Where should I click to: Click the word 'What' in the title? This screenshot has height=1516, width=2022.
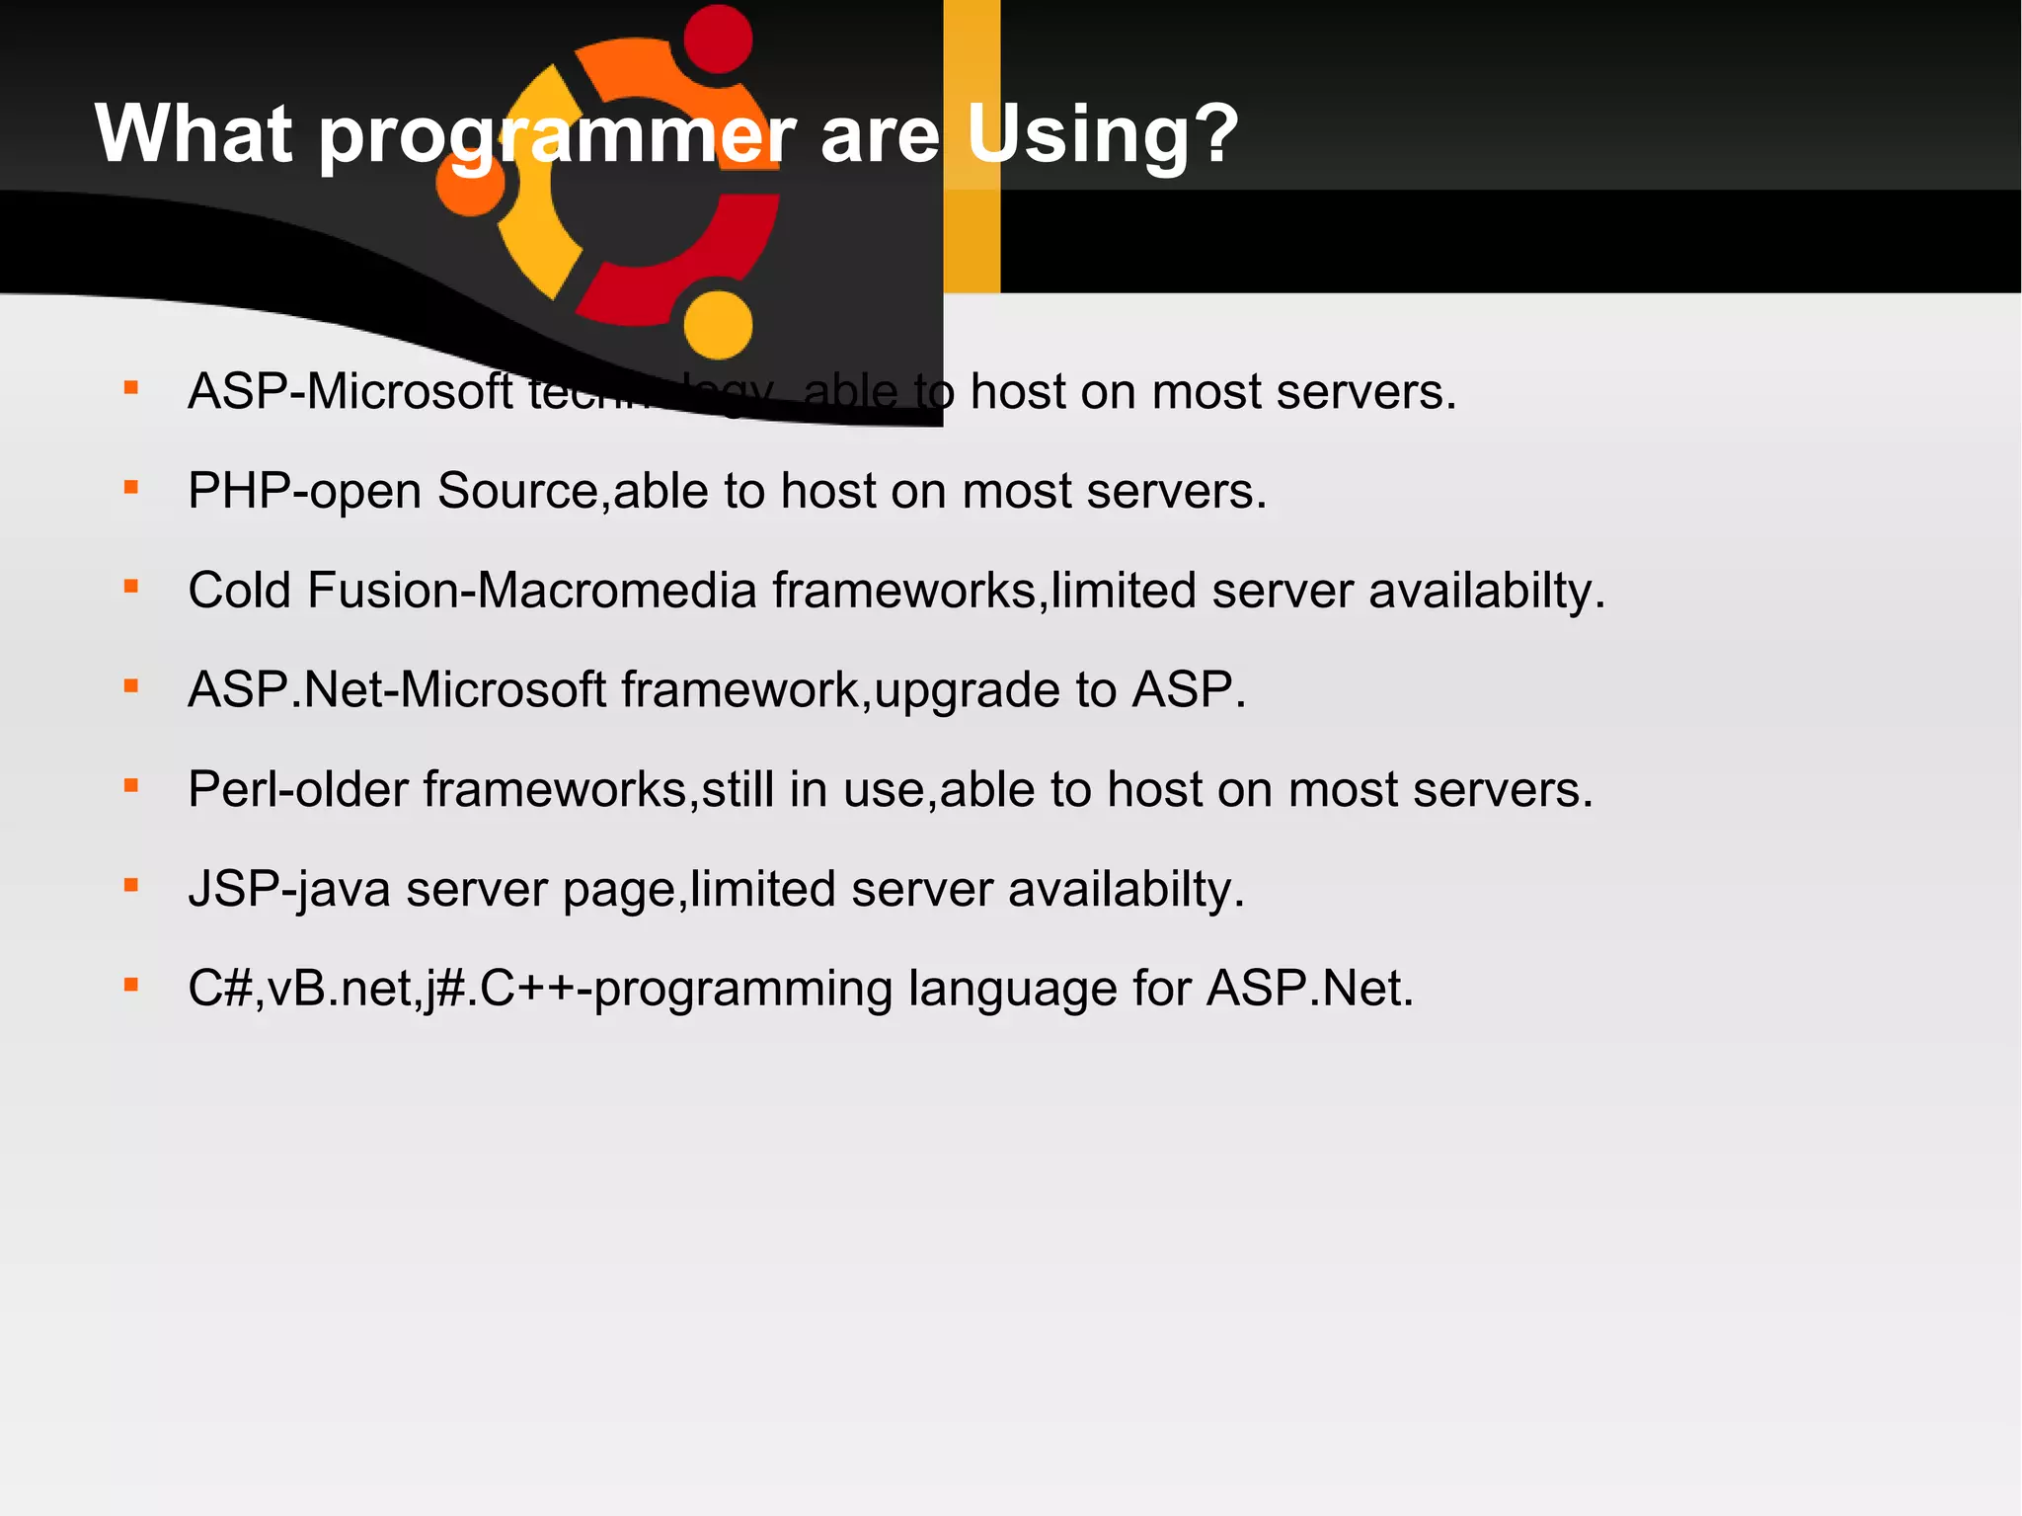pyautogui.click(x=194, y=134)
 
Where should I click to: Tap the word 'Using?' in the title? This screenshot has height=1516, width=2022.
pyautogui.click(x=1102, y=134)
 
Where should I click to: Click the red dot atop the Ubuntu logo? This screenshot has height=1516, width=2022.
pyautogui.click(x=718, y=39)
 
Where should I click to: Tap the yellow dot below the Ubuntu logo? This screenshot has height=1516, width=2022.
pyautogui.click(x=718, y=325)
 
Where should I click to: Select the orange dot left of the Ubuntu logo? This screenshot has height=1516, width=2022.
pyautogui.click(x=471, y=183)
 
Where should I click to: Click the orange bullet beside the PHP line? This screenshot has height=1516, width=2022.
pyautogui.click(x=131, y=487)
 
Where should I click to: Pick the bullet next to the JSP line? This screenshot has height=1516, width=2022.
pyautogui.click(x=131, y=885)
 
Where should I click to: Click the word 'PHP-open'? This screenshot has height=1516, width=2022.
pyautogui.click(x=304, y=491)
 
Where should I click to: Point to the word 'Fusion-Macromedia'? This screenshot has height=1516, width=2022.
pyautogui.click(x=532, y=591)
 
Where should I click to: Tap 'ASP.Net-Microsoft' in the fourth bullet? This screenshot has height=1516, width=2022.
pyautogui.click(x=397, y=689)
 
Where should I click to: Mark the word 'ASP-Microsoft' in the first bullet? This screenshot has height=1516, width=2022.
pyautogui.click(x=350, y=392)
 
